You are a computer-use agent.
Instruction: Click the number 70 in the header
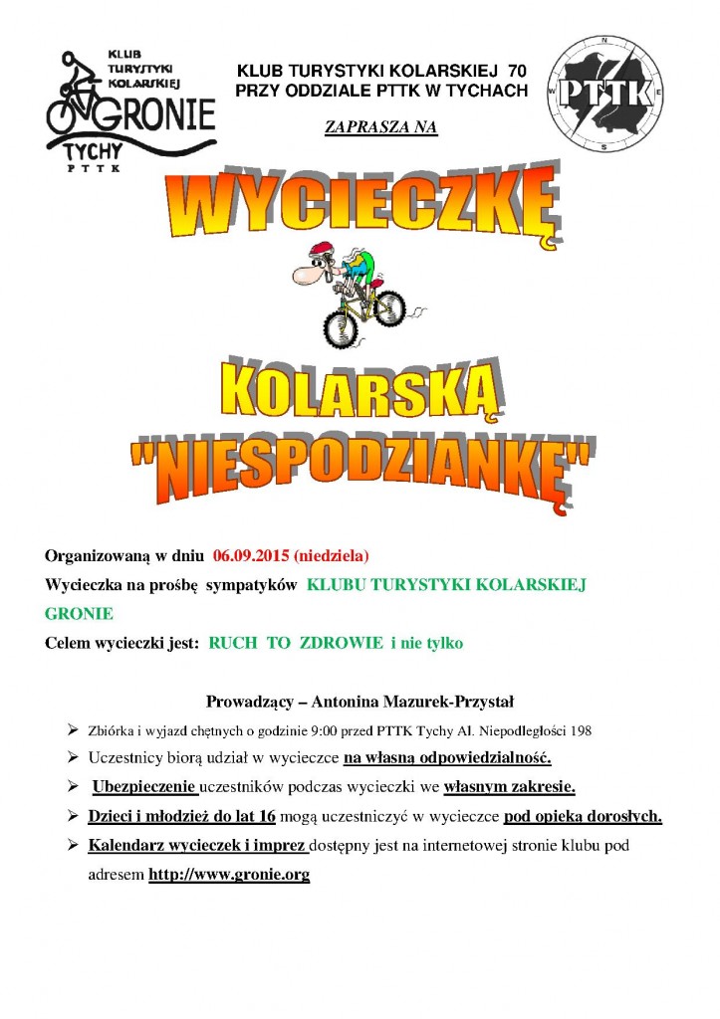pyautogui.click(x=517, y=71)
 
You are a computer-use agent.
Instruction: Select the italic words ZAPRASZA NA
pyautogui.click(x=381, y=126)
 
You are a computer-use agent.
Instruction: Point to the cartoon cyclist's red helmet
pyautogui.click(x=319, y=251)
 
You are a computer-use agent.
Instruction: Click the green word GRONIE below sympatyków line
pyautogui.click(x=80, y=614)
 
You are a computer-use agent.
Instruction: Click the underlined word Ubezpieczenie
pyautogui.click(x=144, y=787)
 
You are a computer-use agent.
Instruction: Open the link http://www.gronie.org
pyautogui.click(x=229, y=876)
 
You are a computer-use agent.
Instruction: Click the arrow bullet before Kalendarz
pyautogui.click(x=73, y=846)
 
